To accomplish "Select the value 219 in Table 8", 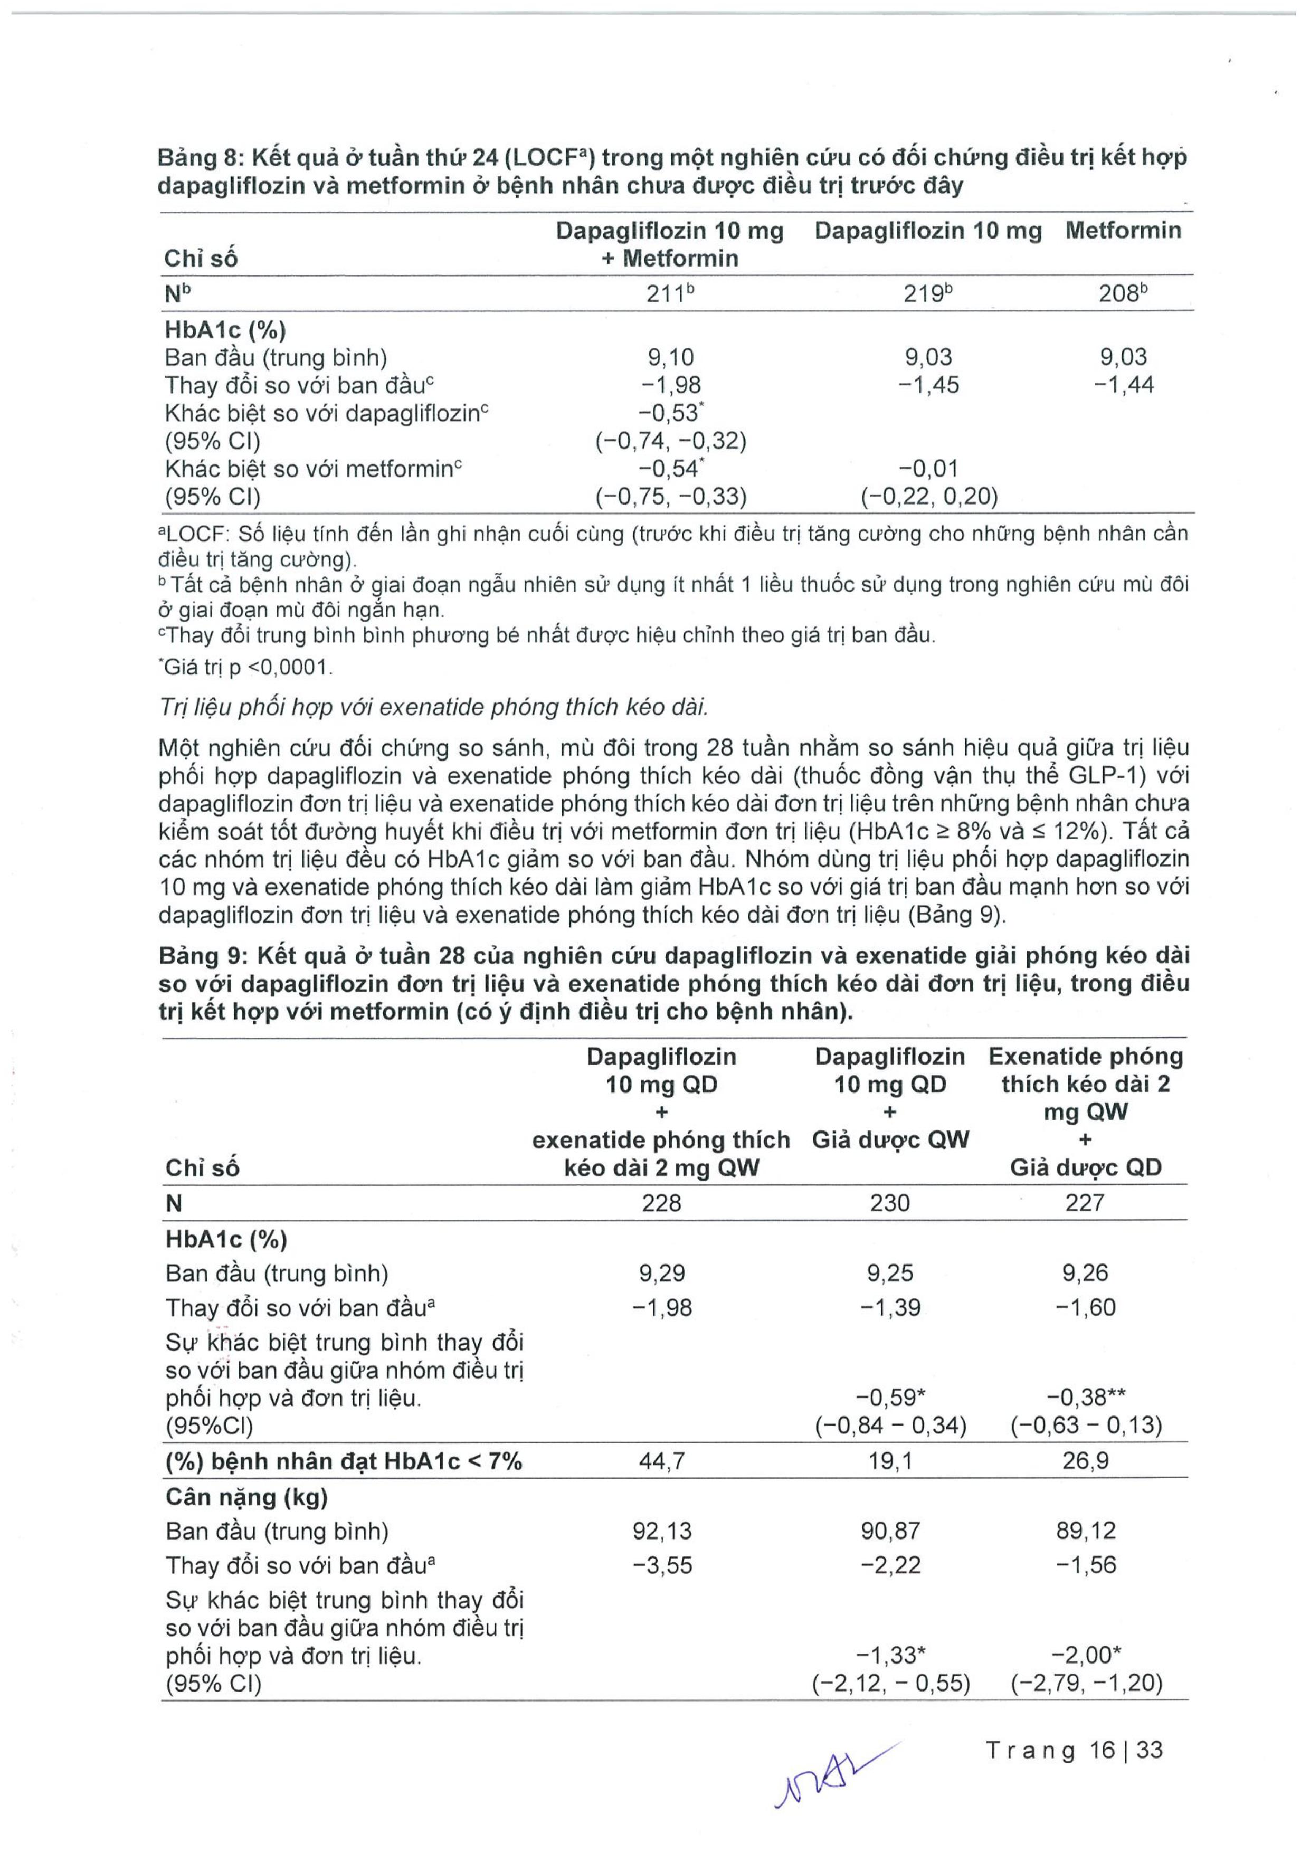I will click(927, 294).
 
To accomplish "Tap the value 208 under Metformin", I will click(1121, 294).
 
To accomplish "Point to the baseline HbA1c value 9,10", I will click(670, 357).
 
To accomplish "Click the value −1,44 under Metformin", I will click(1124, 385).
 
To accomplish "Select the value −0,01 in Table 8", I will click(928, 468).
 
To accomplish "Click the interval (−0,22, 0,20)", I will click(929, 496).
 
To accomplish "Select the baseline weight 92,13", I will click(662, 1531).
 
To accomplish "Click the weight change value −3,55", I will click(662, 1566).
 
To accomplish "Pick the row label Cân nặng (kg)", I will click(246, 1497).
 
